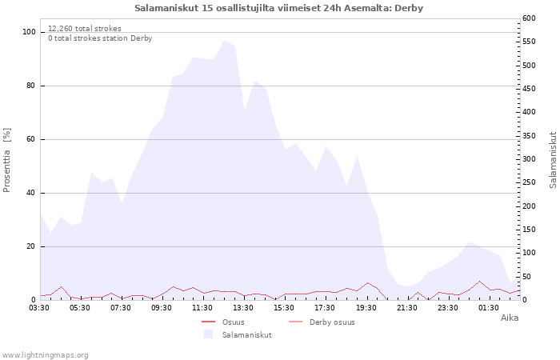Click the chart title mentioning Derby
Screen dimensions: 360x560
279,8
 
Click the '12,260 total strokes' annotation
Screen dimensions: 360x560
85,28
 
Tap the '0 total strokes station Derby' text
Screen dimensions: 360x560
100,38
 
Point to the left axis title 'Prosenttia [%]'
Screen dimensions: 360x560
7,160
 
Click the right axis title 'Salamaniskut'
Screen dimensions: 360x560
553,160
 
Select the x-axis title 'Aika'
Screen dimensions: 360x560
510,318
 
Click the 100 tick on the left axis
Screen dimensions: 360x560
29,32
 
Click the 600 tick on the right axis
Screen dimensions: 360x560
530,18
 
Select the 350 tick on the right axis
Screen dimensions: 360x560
530,136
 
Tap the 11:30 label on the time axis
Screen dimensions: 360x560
202,307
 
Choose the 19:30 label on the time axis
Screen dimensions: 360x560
366,307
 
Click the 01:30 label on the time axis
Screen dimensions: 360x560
488,307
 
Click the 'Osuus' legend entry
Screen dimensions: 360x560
234,322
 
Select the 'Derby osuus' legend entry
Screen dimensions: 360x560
332,322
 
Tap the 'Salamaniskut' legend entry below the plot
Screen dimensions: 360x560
247,335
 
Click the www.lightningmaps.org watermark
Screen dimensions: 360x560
45,354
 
